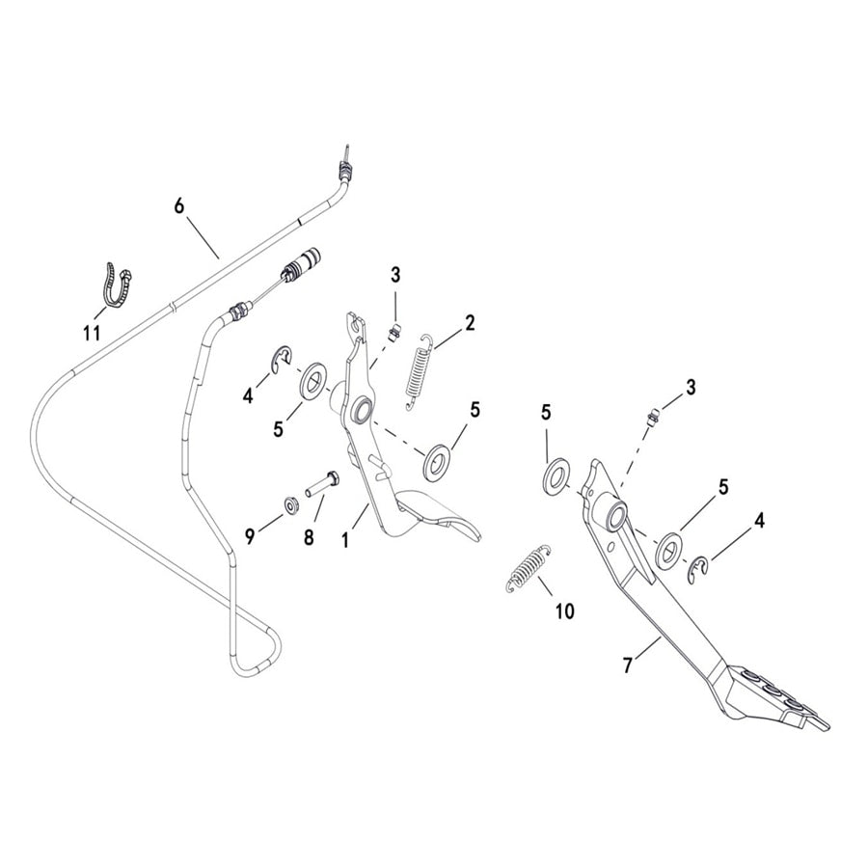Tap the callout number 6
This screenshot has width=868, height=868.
point(178,206)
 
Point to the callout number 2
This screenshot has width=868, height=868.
point(470,322)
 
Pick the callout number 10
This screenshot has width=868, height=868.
point(564,610)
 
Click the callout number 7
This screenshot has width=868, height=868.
point(629,665)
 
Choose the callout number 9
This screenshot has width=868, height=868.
point(250,537)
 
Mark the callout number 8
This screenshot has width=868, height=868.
point(309,537)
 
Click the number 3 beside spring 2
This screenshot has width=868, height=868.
point(394,274)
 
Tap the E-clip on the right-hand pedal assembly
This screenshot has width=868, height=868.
point(697,569)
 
